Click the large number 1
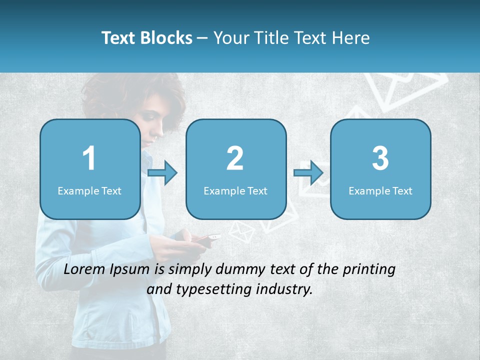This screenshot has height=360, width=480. (89, 158)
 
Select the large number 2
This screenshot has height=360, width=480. (235, 158)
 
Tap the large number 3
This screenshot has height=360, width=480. (380, 158)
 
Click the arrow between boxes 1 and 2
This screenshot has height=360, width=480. (162, 172)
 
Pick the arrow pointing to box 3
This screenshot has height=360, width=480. (308, 172)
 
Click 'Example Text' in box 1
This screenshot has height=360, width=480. (89, 191)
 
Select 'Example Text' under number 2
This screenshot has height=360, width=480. (235, 191)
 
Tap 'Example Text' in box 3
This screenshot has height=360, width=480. (380, 191)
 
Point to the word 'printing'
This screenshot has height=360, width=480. (368, 269)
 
